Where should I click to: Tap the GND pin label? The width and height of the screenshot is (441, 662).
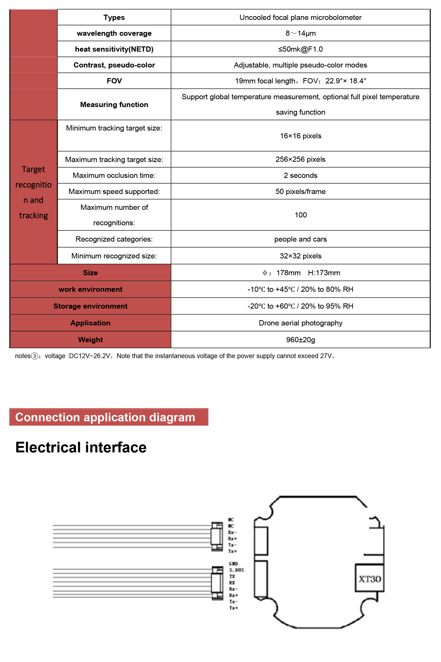pyautogui.click(x=233, y=563)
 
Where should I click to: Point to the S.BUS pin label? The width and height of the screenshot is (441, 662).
pyautogui.click(x=236, y=570)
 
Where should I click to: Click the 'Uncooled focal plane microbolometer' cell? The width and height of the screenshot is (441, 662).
pyautogui.click(x=300, y=17)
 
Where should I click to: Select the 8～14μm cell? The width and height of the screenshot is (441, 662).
pyautogui.click(x=300, y=33)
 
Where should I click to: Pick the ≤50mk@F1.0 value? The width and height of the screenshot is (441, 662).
pyautogui.click(x=300, y=49)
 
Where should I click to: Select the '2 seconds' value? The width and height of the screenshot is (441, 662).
pyautogui.click(x=300, y=175)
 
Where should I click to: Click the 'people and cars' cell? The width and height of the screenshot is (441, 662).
pyautogui.click(x=300, y=239)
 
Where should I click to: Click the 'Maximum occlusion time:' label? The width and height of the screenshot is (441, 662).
pyautogui.click(x=114, y=175)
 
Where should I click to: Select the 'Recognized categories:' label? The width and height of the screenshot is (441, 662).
pyautogui.click(x=114, y=239)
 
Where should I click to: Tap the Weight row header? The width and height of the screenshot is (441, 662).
pyautogui.click(x=90, y=340)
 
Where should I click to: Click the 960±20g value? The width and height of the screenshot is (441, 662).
pyautogui.click(x=300, y=340)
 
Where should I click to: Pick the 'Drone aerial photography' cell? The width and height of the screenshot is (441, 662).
pyautogui.click(x=300, y=323)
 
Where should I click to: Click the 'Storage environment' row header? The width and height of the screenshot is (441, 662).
pyautogui.click(x=90, y=306)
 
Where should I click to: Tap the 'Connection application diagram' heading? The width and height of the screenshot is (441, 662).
pyautogui.click(x=105, y=417)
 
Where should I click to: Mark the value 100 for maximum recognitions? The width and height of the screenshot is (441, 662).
pyautogui.click(x=300, y=215)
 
